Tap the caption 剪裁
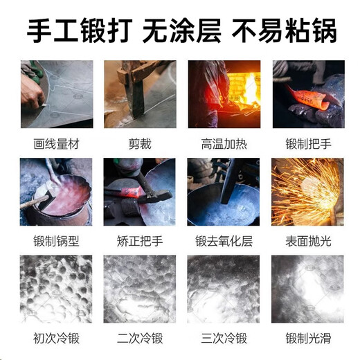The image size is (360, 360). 139,144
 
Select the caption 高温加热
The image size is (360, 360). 224,144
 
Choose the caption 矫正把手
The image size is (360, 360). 139,242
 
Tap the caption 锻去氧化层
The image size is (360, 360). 224,242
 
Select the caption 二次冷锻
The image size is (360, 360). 139,339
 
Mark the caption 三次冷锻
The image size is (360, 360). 224,339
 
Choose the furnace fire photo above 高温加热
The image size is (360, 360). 224,94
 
